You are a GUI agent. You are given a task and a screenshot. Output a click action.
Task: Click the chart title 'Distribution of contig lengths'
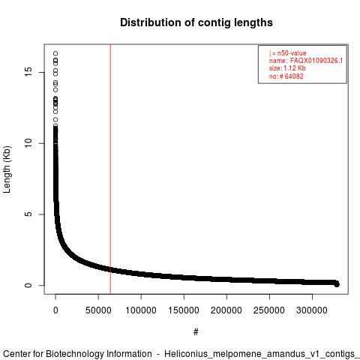point(196,22)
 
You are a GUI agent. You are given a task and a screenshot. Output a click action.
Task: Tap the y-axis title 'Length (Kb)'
point(7,169)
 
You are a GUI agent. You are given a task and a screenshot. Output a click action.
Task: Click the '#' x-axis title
point(196,332)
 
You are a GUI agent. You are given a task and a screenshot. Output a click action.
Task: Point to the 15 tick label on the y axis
point(28,72)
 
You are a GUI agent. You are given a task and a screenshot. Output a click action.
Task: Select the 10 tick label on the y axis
point(28,143)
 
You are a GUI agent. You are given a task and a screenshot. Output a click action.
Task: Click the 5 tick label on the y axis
point(28,214)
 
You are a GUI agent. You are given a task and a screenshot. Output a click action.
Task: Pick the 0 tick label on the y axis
point(28,285)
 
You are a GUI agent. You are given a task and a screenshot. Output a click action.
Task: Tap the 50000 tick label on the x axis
point(98,310)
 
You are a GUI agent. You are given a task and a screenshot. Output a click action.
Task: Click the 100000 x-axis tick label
point(141,310)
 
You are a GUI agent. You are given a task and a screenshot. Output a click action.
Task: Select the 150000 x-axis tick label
point(184,310)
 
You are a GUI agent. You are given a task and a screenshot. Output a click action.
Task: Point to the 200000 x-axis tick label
point(226,310)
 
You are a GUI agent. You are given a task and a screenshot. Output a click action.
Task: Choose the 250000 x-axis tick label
point(269,310)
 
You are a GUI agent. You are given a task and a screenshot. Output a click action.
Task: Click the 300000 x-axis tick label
point(312,310)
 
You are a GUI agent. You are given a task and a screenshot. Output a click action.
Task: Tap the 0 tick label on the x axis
point(55,310)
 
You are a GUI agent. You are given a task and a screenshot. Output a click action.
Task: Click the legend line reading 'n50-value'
point(288,53)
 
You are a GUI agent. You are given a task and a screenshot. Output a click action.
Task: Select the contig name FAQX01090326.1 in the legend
point(316,61)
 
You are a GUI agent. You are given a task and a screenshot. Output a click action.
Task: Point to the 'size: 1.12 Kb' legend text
point(287,68)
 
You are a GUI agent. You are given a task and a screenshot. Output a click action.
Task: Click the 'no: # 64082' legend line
point(286,76)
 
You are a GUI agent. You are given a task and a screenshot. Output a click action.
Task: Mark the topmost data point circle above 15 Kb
point(55,53)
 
